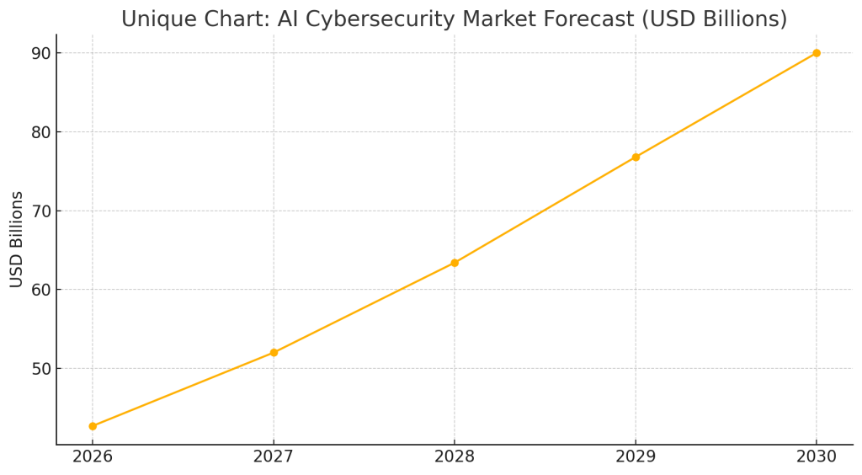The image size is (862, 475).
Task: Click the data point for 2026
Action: pyautogui.click(x=93, y=426)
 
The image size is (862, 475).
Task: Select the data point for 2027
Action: pyautogui.click(x=274, y=353)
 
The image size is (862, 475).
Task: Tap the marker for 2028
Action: pyautogui.click(x=455, y=263)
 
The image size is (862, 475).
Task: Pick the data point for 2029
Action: pyautogui.click(x=636, y=157)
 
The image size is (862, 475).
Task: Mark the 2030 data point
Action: pyautogui.click(x=817, y=53)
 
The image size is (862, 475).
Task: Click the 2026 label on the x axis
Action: pyautogui.click(x=93, y=456)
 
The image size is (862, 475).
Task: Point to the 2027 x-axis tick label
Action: pyautogui.click(x=274, y=456)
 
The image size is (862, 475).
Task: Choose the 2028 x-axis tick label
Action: pyautogui.click(x=455, y=456)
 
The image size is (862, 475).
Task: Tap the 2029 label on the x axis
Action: pyautogui.click(x=636, y=456)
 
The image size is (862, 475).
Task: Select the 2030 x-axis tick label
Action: pyautogui.click(x=817, y=456)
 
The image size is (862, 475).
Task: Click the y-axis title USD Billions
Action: pyautogui.click(x=17, y=239)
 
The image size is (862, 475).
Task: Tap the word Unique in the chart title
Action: pyautogui.click(x=155, y=19)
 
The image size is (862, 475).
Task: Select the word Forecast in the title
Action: pyautogui.click(x=575, y=19)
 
